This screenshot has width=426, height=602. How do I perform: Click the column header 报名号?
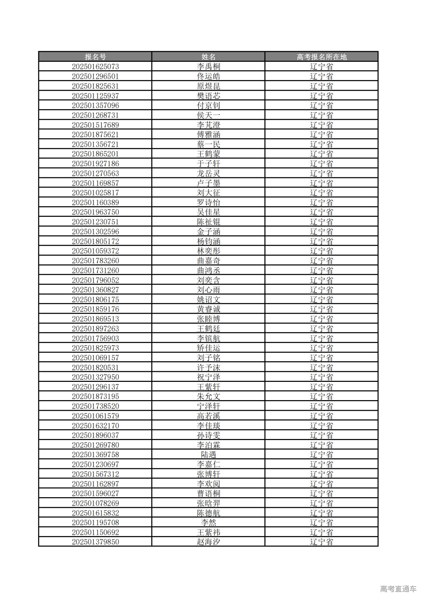pyautogui.click(x=95, y=57)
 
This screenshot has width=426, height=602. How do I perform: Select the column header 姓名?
pyautogui.click(x=208, y=57)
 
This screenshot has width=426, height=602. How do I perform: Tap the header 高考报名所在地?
pyautogui.click(x=321, y=57)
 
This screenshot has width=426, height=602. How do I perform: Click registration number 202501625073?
pyautogui.click(x=95, y=67)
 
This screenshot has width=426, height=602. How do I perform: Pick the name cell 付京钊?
pyautogui.click(x=208, y=105)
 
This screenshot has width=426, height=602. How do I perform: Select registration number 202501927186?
pyautogui.click(x=95, y=164)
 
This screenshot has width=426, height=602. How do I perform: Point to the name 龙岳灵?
pyautogui.click(x=208, y=173)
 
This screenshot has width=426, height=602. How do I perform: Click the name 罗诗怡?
pyautogui.click(x=208, y=203)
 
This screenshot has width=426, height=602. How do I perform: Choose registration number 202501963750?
pyautogui.click(x=95, y=212)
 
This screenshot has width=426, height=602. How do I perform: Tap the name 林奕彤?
pyautogui.click(x=208, y=251)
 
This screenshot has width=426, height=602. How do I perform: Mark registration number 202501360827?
pyautogui.click(x=95, y=290)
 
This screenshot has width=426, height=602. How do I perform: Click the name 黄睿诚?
pyautogui.click(x=208, y=309)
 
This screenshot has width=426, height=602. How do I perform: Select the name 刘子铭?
pyautogui.click(x=208, y=358)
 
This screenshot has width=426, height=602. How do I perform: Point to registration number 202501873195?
pyautogui.click(x=95, y=396)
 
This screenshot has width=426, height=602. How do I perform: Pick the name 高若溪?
pyautogui.click(x=208, y=416)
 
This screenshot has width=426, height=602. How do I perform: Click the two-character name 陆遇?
pyautogui.click(x=208, y=455)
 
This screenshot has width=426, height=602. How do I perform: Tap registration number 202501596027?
pyautogui.click(x=95, y=494)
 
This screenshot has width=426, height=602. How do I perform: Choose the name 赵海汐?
pyautogui.click(x=208, y=542)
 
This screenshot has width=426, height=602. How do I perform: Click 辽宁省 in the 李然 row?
pyautogui.click(x=321, y=523)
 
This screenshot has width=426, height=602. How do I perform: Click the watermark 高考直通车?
pyautogui.click(x=398, y=589)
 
